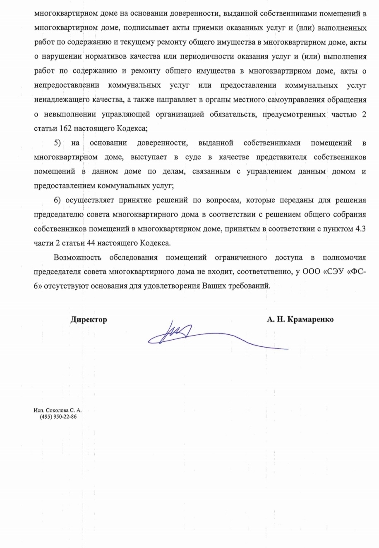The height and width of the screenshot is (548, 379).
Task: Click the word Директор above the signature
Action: (89, 319)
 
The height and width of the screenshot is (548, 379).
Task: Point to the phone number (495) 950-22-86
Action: (58, 417)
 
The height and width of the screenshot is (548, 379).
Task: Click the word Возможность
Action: (78, 257)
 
